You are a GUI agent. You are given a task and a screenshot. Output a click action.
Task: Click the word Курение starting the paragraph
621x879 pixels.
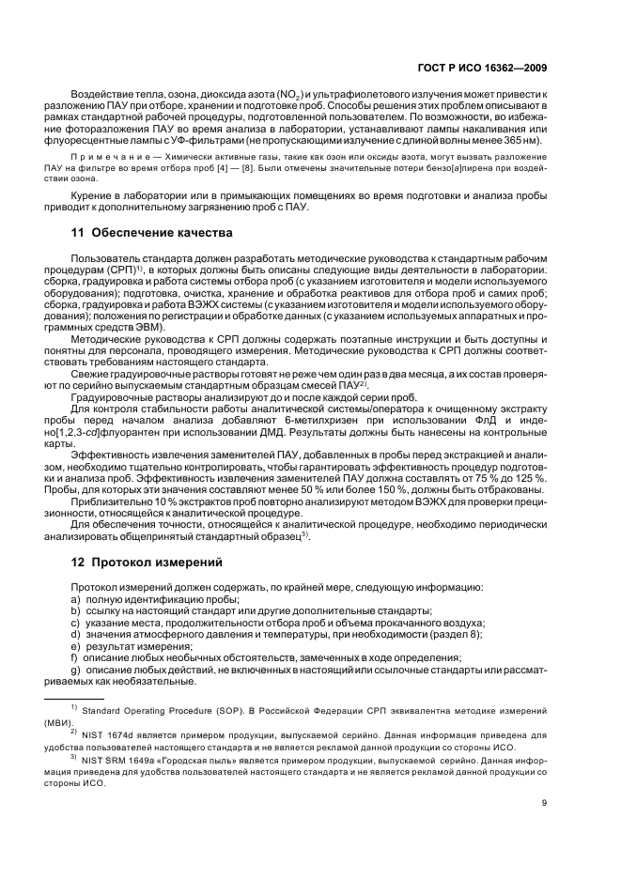pos(92,196)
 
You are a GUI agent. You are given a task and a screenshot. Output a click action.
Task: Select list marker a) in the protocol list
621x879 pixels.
pos(76,599)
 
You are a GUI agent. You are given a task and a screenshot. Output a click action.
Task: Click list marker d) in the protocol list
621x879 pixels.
pos(76,635)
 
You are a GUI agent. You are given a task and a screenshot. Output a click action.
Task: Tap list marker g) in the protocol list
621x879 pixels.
pos(76,671)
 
